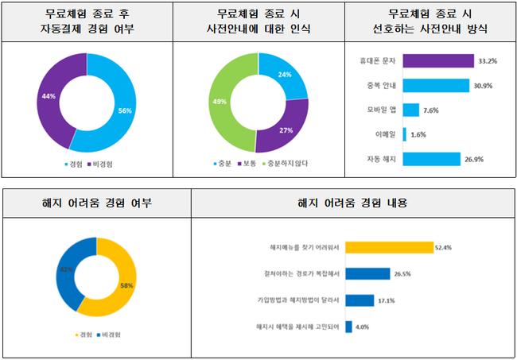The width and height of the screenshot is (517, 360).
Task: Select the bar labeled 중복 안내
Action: [435, 85]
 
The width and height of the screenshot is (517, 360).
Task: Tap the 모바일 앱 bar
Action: [410, 110]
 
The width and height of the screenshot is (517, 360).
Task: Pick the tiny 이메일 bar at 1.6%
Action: [405, 134]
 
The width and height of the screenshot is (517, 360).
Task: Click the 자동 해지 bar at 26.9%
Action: [431, 159]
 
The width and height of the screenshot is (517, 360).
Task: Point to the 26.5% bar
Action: [368, 274]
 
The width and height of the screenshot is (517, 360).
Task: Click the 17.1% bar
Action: [360, 300]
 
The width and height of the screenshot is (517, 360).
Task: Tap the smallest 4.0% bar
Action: [349, 327]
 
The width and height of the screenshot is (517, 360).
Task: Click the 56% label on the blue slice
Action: [124, 110]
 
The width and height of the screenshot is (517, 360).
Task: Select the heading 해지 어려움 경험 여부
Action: [96, 203]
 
